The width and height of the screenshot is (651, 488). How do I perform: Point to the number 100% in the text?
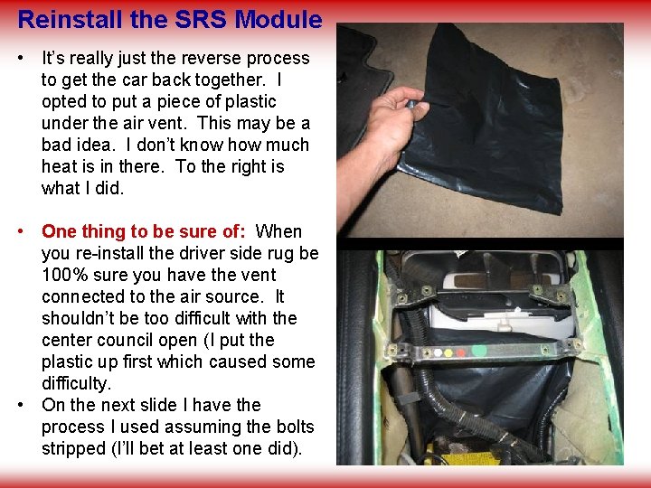coord(65,275)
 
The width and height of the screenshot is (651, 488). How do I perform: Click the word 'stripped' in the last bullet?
coord(73,448)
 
